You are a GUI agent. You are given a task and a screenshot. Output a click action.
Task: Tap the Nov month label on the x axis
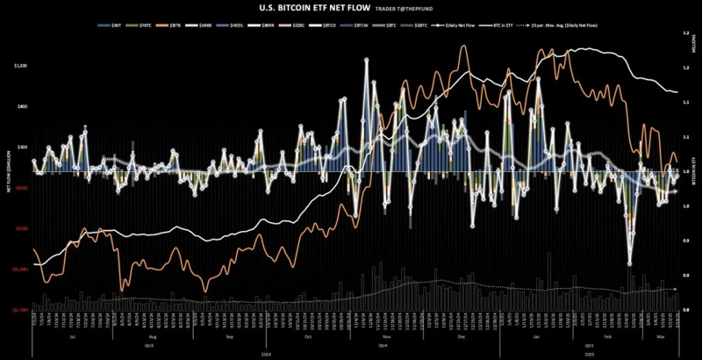click(386, 336)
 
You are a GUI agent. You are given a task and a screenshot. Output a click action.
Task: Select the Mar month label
click(659, 336)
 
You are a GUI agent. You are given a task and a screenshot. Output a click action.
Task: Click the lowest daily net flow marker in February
click(629, 263)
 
